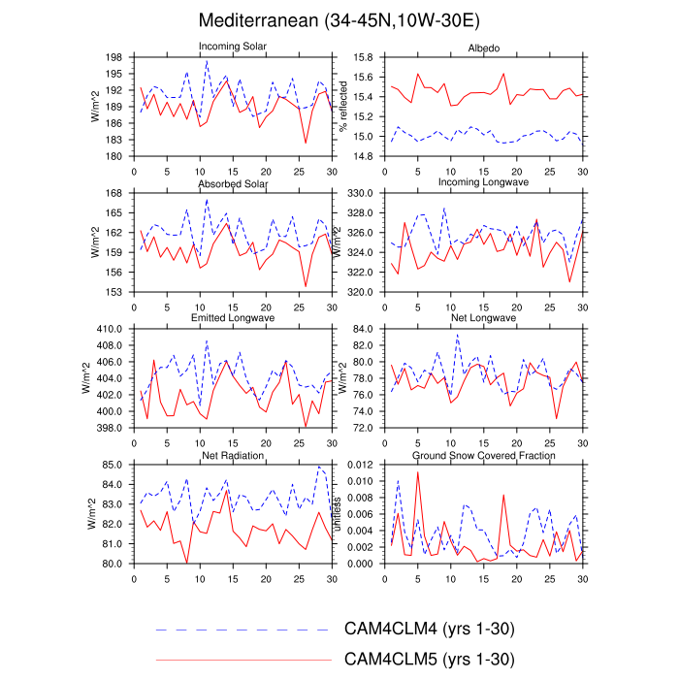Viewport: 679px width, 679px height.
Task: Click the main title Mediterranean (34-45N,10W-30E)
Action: pyautogui.click(x=339, y=19)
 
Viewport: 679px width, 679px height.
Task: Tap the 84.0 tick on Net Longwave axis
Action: pyautogui.click(x=361, y=330)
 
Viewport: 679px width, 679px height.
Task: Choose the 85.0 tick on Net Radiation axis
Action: pyautogui.click(x=113, y=466)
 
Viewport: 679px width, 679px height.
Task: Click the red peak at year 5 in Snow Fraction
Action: pyautogui.click(x=417, y=472)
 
